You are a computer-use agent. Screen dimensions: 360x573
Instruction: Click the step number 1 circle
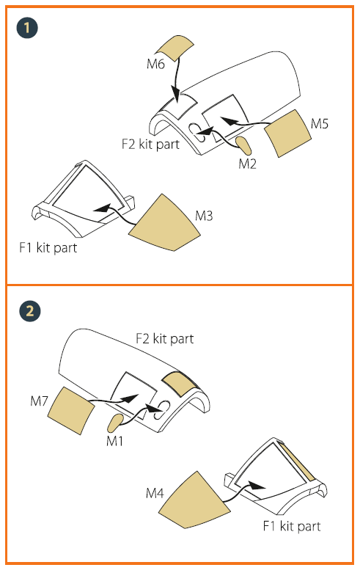[x=27, y=28]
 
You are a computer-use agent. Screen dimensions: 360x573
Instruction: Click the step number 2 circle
[x=29, y=311]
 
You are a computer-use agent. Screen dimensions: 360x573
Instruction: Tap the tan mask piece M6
[x=175, y=48]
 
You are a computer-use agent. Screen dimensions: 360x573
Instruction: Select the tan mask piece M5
[x=287, y=134]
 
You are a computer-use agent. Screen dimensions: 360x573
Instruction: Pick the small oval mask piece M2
[x=243, y=145]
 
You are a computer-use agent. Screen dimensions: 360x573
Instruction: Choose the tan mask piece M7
[x=71, y=411]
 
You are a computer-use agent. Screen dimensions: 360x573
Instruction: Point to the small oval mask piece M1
[x=116, y=423]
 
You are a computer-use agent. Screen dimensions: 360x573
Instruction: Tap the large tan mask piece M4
[x=194, y=501]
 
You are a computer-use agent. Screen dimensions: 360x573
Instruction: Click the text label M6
[x=155, y=64]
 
